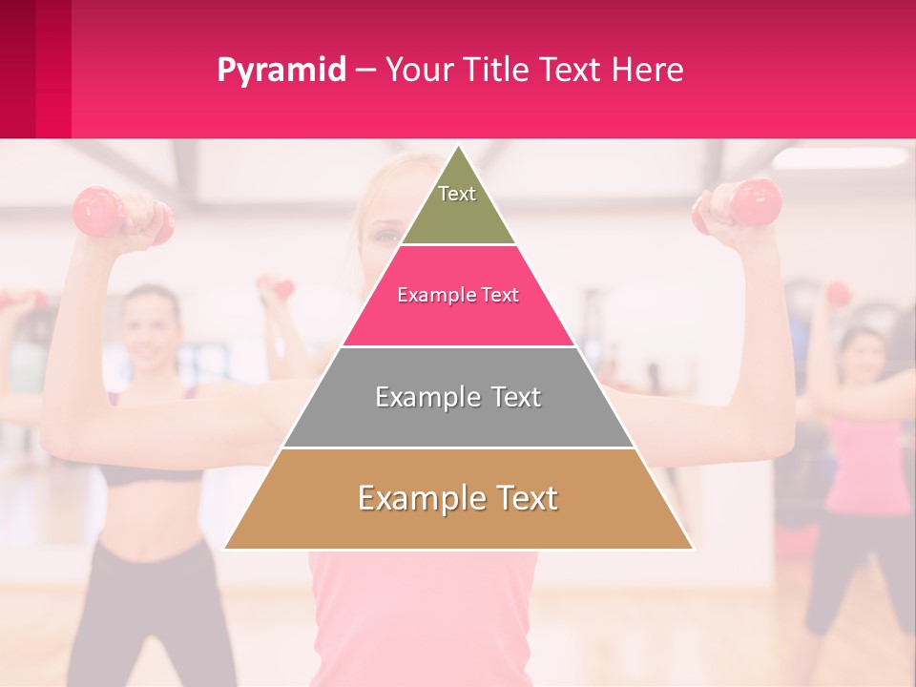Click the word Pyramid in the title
coord(281,71)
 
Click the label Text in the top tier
coord(457,194)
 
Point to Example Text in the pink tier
coord(458,295)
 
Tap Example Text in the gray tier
coord(458,397)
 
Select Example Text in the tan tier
coord(458,498)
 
